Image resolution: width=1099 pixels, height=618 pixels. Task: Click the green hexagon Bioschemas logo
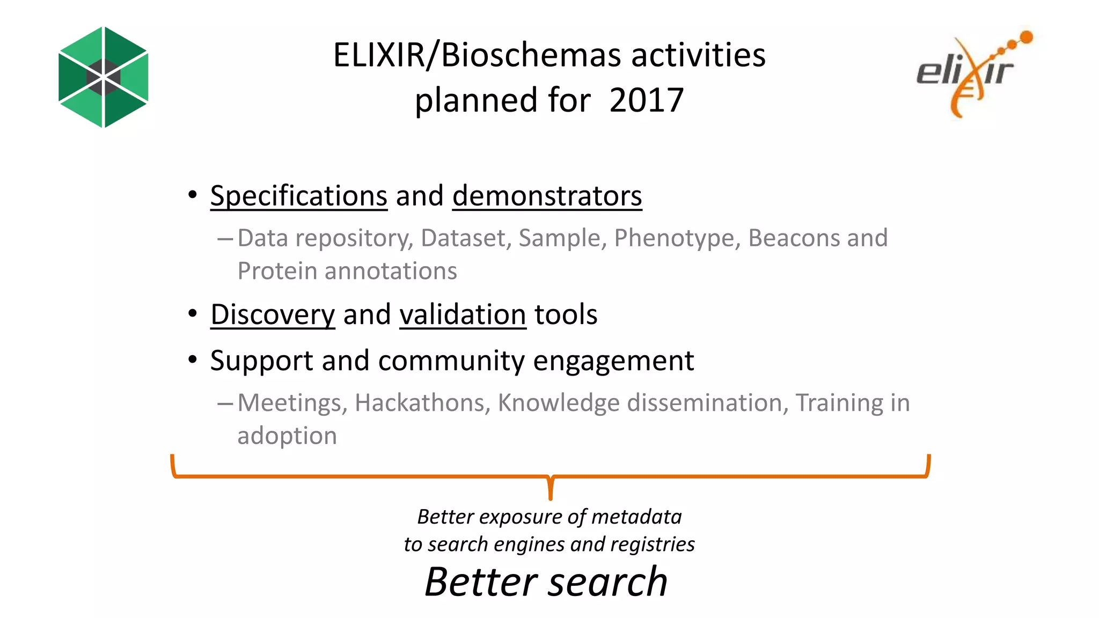[x=103, y=77]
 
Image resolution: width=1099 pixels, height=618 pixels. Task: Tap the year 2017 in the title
[x=646, y=100]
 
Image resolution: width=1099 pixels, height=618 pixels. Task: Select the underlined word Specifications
[x=298, y=196]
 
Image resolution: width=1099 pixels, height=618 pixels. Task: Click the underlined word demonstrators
[x=547, y=196]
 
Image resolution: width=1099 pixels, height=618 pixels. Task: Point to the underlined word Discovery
[x=273, y=315]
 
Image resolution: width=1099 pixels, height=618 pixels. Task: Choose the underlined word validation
[x=463, y=315]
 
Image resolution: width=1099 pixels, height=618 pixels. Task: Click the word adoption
[x=287, y=436]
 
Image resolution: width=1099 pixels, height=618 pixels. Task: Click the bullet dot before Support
[x=193, y=360]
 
